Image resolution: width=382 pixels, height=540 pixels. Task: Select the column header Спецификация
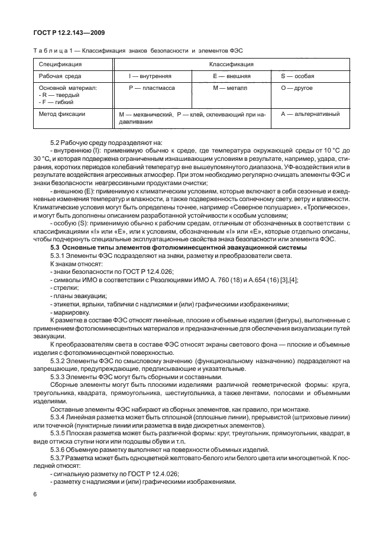click(60, 64)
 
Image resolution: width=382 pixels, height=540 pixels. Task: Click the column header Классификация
click(231, 64)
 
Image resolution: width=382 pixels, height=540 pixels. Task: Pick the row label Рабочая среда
click(60, 76)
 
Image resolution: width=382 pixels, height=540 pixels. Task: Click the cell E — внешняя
click(231, 76)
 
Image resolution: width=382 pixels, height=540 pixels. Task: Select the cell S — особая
click(297, 76)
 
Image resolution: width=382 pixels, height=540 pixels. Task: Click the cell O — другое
click(297, 88)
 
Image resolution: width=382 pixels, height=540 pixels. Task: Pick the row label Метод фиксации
click(62, 114)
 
